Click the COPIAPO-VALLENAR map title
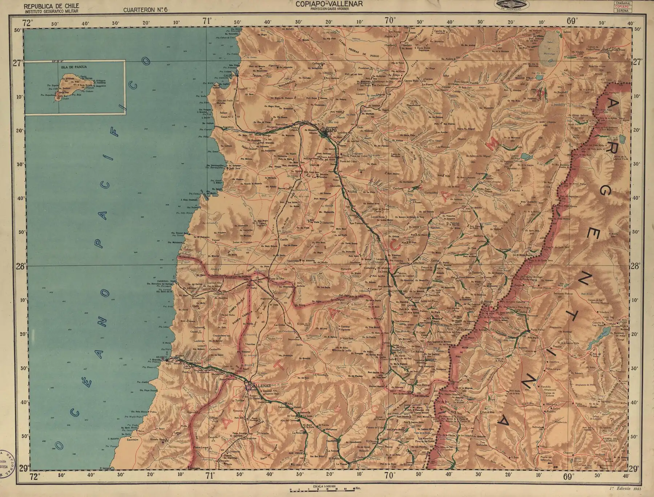coord(327,4)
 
